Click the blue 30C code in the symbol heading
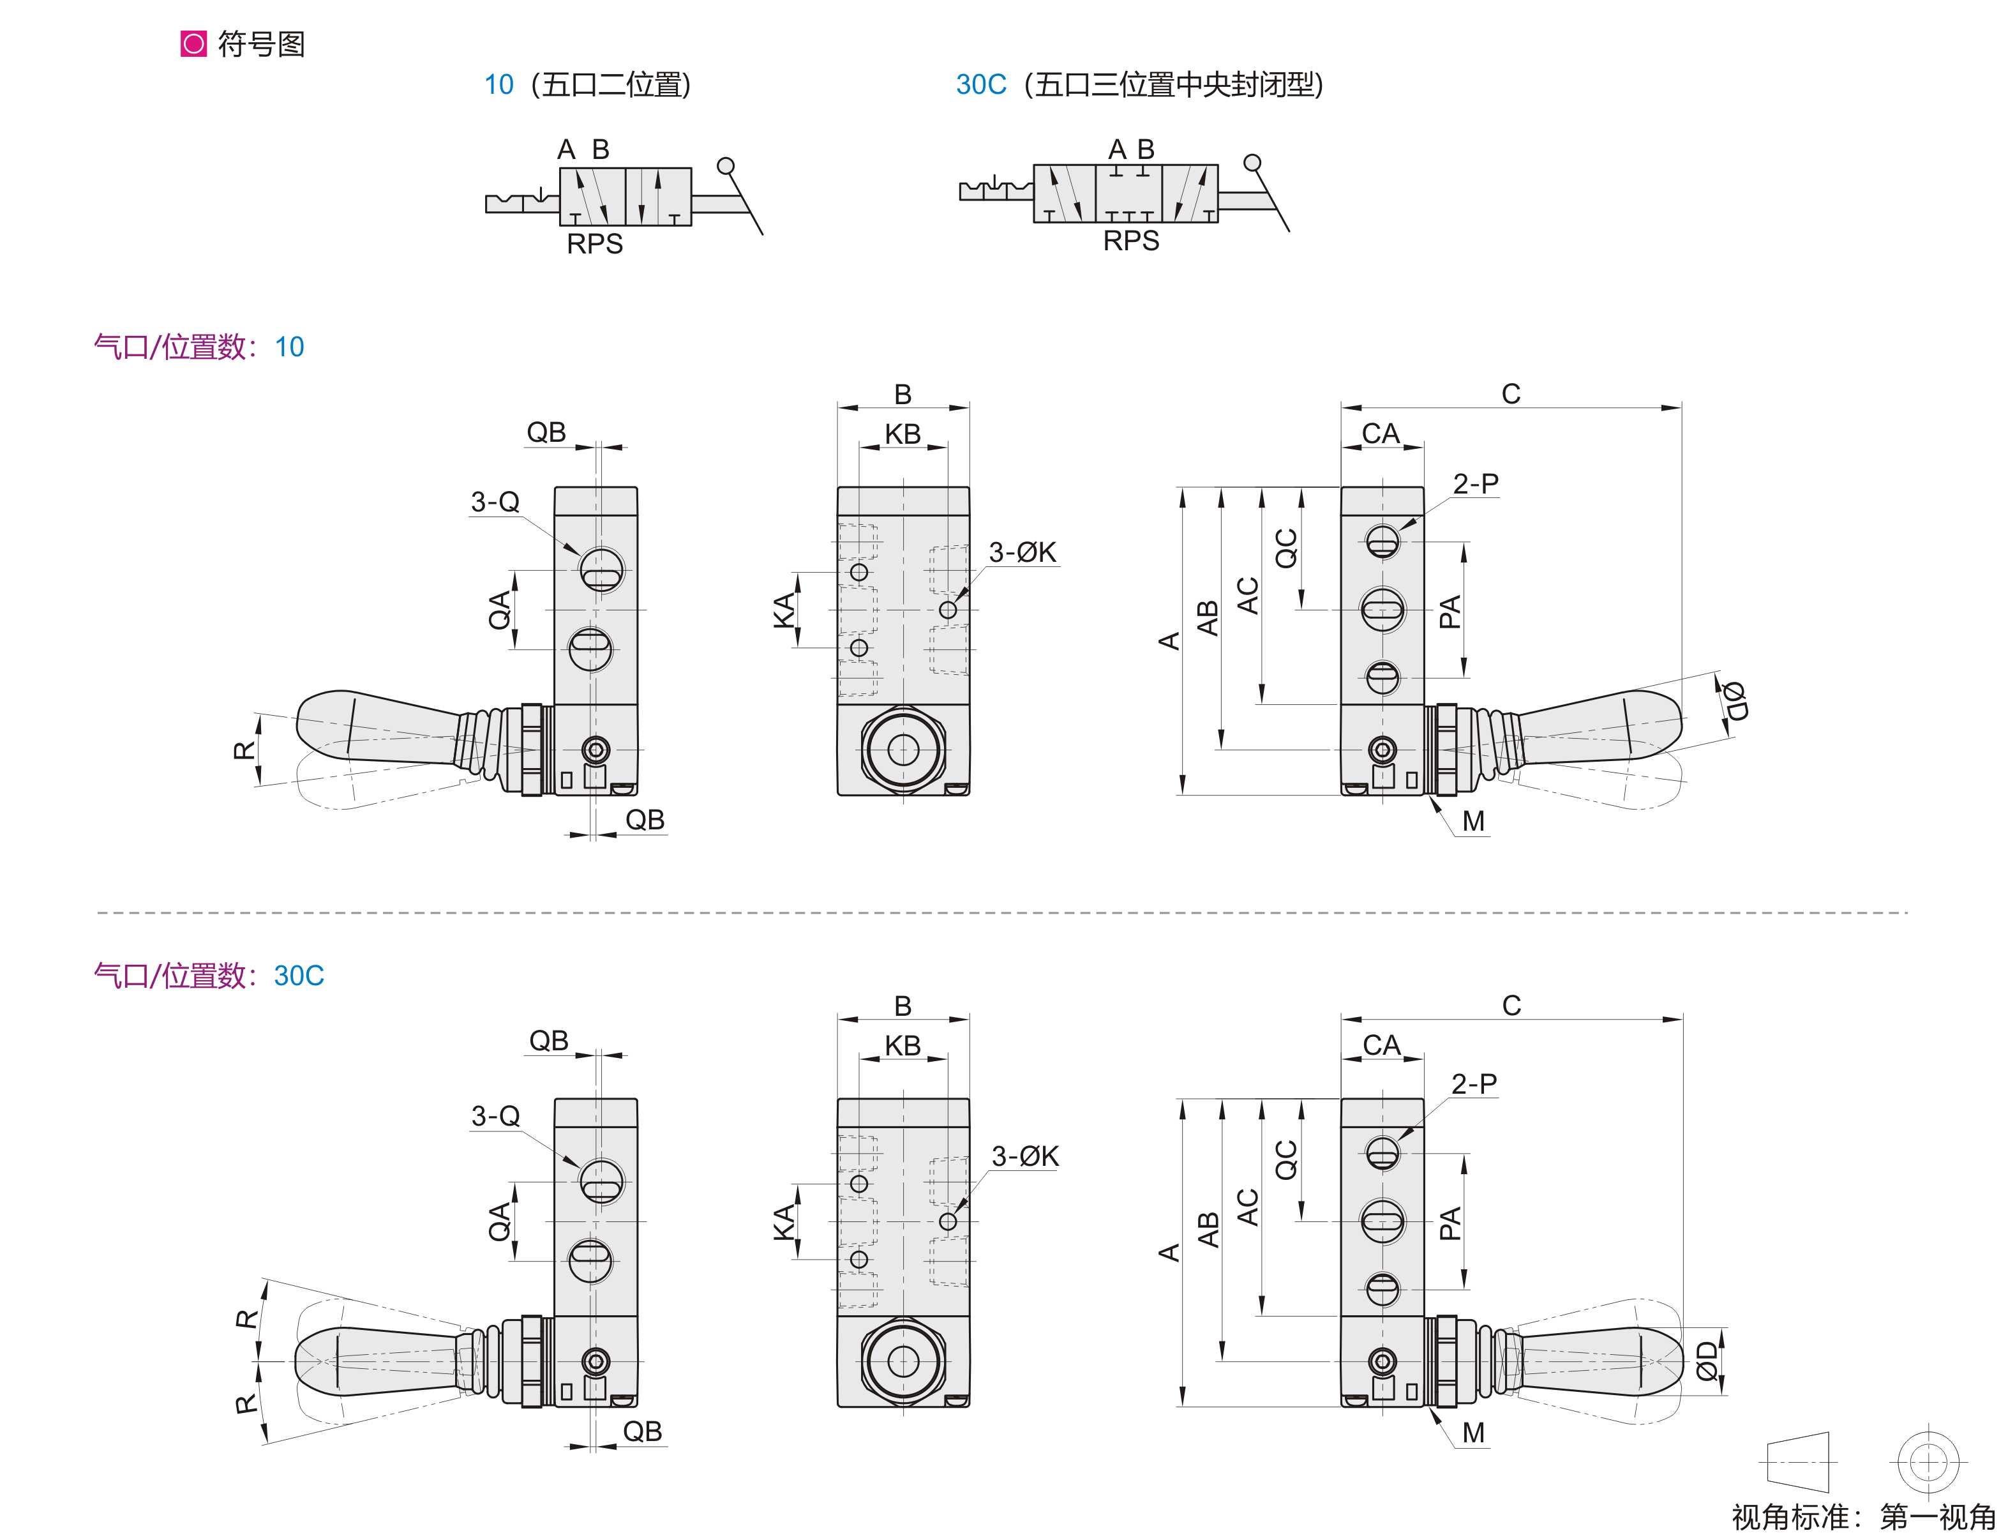(980, 84)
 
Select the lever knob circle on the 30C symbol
(1252, 163)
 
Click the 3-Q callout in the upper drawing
(495, 501)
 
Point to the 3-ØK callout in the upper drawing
(1022, 552)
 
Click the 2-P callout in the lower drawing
(1474, 1083)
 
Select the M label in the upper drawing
(1472, 821)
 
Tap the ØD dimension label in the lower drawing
(1705, 1361)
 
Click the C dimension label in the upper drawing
(1510, 394)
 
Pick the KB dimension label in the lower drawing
(903, 1045)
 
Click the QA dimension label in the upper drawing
(500, 610)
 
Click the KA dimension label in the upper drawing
(784, 610)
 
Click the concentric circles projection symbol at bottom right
(1928, 1462)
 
